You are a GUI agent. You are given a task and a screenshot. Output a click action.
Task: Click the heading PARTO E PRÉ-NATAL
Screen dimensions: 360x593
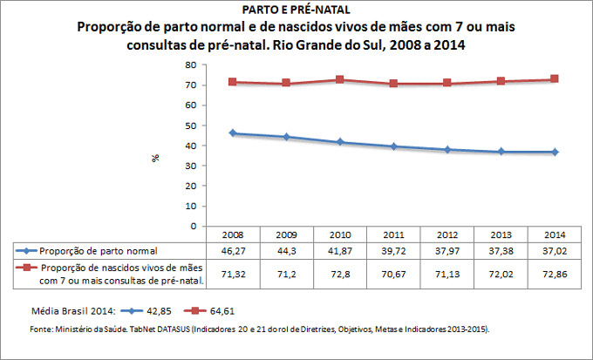click(x=296, y=10)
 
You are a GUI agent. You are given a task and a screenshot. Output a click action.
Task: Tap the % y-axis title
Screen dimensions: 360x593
click(x=156, y=158)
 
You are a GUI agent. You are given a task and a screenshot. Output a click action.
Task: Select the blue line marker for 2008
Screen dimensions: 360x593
click(x=233, y=133)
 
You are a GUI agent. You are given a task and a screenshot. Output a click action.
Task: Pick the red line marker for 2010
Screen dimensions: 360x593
click(x=341, y=79)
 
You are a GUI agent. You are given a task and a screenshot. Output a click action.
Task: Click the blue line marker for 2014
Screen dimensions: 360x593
click(x=555, y=152)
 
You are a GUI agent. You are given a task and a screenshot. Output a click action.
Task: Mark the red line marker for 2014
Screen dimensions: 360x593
click(x=555, y=79)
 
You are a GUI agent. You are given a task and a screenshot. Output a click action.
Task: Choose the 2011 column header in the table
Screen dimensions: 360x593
click(x=393, y=234)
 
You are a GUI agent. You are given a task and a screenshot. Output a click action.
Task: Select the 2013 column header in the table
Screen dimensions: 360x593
click(x=501, y=234)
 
